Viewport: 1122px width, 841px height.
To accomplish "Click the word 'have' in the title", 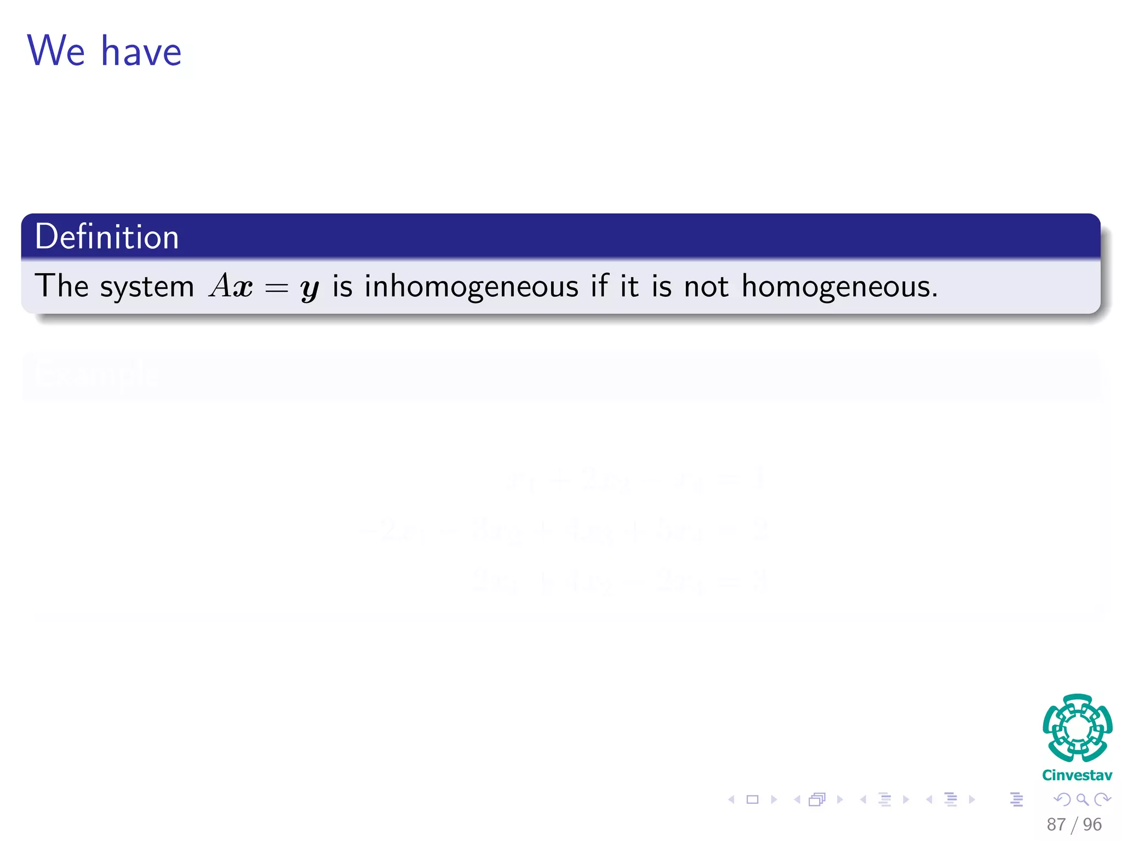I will pos(141,52).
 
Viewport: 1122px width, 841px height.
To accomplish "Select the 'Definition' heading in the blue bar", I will pos(107,237).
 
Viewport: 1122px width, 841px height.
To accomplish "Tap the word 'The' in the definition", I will pos(61,286).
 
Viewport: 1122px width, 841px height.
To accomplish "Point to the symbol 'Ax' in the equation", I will pos(231,286).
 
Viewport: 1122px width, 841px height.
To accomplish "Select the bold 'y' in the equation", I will pos(310,288).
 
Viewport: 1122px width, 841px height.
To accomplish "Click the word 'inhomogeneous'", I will pos(471,286).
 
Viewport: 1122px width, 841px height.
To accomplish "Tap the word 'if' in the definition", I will pos(599,285).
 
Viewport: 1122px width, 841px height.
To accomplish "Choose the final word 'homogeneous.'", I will pos(839,286).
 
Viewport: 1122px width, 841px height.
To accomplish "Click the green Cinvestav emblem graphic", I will pos(1077,728).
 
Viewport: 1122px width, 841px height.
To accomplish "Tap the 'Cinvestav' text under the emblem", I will pos(1077,775).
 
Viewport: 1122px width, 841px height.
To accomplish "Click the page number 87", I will pos(1056,825).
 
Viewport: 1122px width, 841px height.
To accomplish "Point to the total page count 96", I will pos(1092,825).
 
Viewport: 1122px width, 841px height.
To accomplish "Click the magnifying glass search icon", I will pos(1082,800).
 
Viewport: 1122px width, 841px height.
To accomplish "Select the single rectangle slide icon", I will pos(753,800).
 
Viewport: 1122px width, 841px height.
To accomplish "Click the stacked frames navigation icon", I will pos(816,800).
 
